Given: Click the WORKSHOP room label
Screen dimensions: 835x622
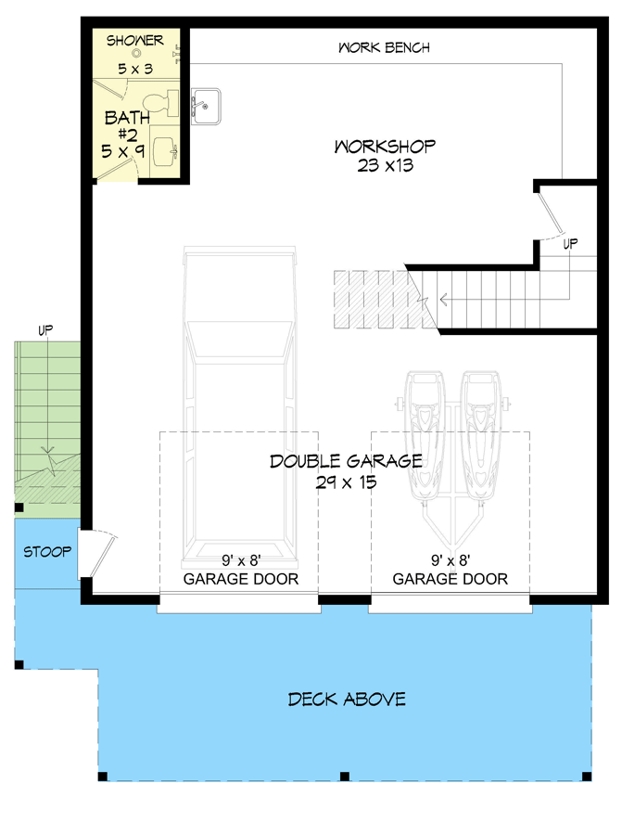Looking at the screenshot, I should point(385,147).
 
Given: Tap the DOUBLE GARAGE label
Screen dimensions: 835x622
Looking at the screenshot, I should point(347,461).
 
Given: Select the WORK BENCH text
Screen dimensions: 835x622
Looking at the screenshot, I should point(384,47).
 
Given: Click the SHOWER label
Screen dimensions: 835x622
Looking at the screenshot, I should point(135,40).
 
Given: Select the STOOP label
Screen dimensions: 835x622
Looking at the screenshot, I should point(47,552).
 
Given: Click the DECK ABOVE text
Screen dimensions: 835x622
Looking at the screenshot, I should point(347,699).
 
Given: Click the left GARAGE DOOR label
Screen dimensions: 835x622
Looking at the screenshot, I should point(241,579).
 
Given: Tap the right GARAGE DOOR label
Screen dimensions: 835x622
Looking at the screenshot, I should point(451,579).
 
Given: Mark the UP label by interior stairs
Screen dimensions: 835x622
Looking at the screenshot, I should point(571,243).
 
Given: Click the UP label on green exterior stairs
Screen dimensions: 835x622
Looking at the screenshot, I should point(44,329).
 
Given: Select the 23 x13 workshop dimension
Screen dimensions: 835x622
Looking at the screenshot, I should point(385,166).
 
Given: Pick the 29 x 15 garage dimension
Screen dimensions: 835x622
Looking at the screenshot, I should point(347,482).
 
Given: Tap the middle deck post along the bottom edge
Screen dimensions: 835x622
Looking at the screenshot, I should point(344,775).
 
